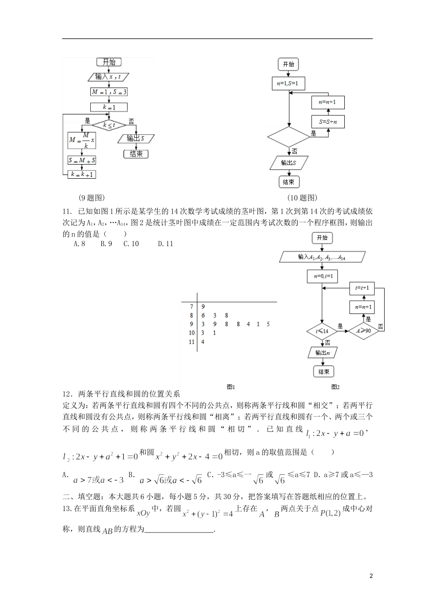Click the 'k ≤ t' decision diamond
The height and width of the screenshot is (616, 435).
click(x=109, y=125)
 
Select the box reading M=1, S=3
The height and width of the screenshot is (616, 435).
click(x=109, y=92)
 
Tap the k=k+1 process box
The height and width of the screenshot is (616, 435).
click(x=82, y=174)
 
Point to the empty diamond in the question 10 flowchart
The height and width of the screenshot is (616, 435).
click(x=289, y=137)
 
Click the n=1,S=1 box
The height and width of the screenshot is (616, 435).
click(x=288, y=83)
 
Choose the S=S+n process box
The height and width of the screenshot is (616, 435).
click(x=328, y=122)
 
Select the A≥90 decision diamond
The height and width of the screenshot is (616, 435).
click(x=364, y=330)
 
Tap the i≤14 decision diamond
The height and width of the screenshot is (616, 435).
click(x=322, y=330)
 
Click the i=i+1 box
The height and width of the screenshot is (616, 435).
click(x=362, y=288)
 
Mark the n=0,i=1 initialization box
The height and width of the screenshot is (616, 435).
click(x=322, y=276)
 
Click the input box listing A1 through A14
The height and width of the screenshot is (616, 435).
click(x=322, y=258)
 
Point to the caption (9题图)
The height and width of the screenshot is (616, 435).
click(x=92, y=198)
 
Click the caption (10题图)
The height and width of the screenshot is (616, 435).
click(x=302, y=198)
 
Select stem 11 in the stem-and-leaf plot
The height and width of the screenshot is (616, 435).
click(x=192, y=342)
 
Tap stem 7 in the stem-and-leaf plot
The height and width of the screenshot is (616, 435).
click(x=192, y=306)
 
